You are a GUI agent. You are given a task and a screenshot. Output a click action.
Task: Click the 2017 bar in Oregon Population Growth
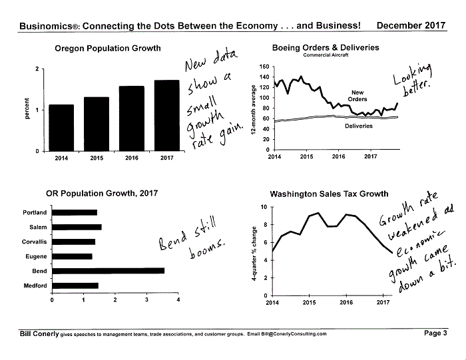pyautogui.click(x=166, y=116)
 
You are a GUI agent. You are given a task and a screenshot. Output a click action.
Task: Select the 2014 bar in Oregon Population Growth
pyautogui.click(x=61, y=128)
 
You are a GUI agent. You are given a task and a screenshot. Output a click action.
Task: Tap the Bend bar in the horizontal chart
pyautogui.click(x=108, y=271)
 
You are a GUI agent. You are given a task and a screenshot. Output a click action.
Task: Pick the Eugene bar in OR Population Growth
pyautogui.click(x=72, y=256)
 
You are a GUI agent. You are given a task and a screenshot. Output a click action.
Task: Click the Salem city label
pyautogui.click(x=38, y=227)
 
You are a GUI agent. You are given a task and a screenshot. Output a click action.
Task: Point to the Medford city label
pyautogui.click(x=35, y=285)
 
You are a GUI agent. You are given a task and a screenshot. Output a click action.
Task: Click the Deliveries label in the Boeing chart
pyautogui.click(x=358, y=126)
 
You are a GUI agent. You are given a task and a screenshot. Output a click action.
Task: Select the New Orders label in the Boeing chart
pyautogui.click(x=357, y=96)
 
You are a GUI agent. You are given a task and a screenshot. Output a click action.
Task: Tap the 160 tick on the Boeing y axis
pyautogui.click(x=264, y=67)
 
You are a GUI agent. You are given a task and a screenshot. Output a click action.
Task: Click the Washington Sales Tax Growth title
pyautogui.click(x=329, y=194)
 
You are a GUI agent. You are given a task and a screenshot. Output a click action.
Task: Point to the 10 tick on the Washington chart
pyautogui.click(x=264, y=207)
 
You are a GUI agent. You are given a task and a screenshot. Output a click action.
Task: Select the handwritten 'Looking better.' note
pyautogui.click(x=413, y=79)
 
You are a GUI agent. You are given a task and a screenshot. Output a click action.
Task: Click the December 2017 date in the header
pyautogui.click(x=411, y=25)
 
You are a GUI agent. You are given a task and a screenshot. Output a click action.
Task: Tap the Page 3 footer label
pyautogui.click(x=435, y=333)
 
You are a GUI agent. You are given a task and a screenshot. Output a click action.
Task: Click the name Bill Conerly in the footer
pyautogui.click(x=39, y=334)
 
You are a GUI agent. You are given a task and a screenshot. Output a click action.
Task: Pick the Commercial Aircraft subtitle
pyautogui.click(x=326, y=55)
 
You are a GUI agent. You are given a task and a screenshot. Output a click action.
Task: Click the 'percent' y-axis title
pyautogui.click(x=27, y=108)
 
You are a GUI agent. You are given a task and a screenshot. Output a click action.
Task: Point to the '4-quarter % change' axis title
pyautogui.click(x=254, y=254)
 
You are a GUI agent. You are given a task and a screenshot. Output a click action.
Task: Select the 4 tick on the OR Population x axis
pyautogui.click(x=178, y=299)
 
